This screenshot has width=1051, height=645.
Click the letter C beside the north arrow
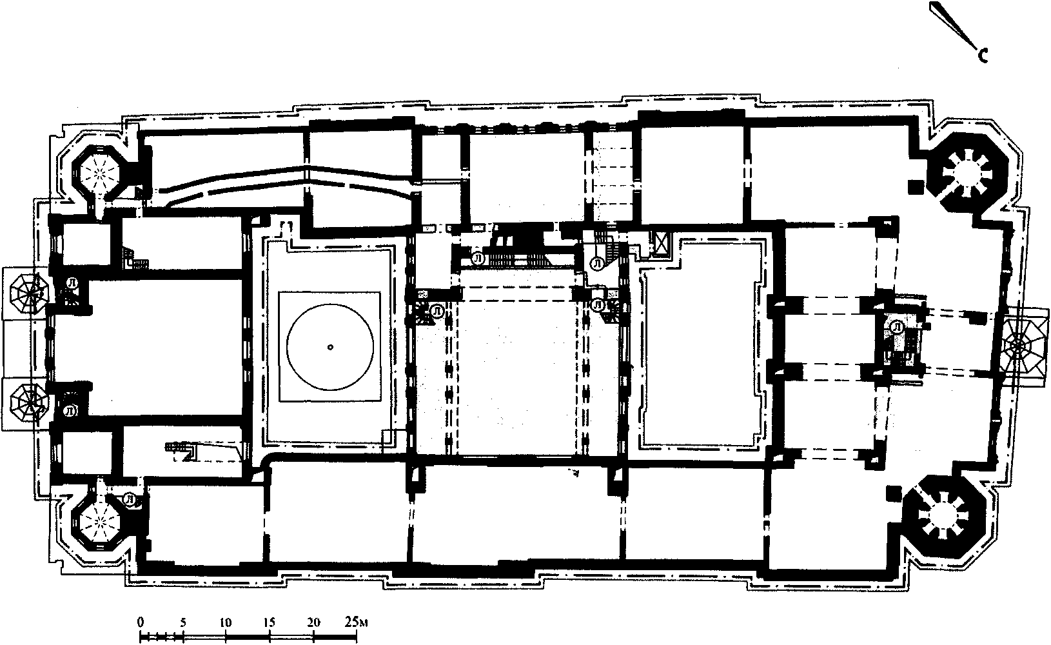pyautogui.click(x=983, y=56)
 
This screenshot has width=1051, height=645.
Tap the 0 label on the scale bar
pyautogui.click(x=141, y=622)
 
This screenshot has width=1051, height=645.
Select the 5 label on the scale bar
pyautogui.click(x=183, y=622)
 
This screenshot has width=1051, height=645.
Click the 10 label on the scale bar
pyautogui.click(x=226, y=622)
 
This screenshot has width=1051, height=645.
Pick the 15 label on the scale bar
pyautogui.click(x=270, y=622)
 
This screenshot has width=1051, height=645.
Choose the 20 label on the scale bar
pyautogui.click(x=313, y=622)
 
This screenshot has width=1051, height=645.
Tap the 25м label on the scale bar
pyautogui.click(x=356, y=622)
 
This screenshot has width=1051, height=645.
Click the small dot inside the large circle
pyautogui.click(x=330, y=347)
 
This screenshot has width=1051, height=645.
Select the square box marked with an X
pyautogui.click(x=661, y=245)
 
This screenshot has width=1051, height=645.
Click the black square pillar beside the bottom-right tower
pyautogui.click(x=894, y=493)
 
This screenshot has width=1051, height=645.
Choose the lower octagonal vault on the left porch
pyautogui.click(x=29, y=402)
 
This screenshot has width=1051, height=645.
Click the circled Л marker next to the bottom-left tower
pyautogui.click(x=130, y=499)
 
